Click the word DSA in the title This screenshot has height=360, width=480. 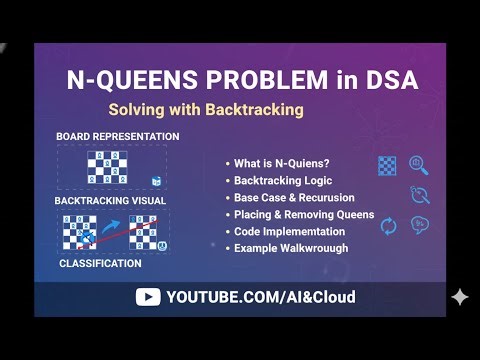[x=382, y=80]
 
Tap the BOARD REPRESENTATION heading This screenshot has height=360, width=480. [x=118, y=136]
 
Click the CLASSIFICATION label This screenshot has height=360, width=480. [x=100, y=264]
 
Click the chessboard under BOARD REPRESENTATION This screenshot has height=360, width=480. [x=105, y=165]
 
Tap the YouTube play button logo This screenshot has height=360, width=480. [x=148, y=297]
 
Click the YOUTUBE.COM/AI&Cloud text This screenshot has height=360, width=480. [x=260, y=297]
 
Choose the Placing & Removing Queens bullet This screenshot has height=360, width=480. [x=303, y=214]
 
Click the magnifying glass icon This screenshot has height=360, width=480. [x=418, y=165]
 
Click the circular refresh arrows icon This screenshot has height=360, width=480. [x=389, y=226]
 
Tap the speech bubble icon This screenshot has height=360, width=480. [x=420, y=224]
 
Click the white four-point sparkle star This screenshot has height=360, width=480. [x=459, y=297]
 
